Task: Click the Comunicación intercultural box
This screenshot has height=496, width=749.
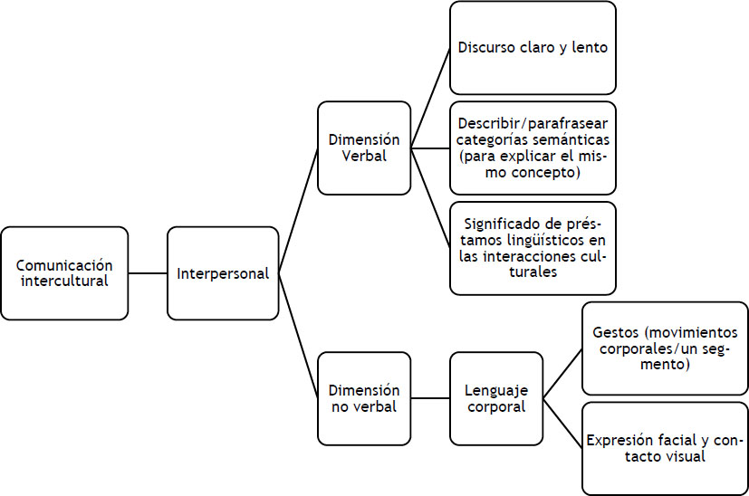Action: [x=64, y=272]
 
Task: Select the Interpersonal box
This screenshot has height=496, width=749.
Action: [x=223, y=272]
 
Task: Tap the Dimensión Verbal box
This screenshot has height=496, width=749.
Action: [x=364, y=148]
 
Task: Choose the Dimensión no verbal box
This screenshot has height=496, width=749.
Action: [x=364, y=398]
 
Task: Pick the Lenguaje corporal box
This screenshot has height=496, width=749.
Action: [x=495, y=398]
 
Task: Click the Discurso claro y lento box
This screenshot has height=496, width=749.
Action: [x=533, y=48]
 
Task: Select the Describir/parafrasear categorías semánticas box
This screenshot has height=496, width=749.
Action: [x=533, y=148]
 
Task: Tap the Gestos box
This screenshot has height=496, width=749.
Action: [x=665, y=348]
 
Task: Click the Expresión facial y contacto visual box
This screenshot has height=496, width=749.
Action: [x=665, y=448]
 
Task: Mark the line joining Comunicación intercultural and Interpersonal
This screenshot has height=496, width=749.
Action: [x=148, y=272]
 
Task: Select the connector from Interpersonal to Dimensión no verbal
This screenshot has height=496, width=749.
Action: [x=298, y=335]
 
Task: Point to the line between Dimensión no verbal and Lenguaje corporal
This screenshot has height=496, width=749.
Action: [x=430, y=398]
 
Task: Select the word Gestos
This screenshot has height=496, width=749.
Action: [x=613, y=332]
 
